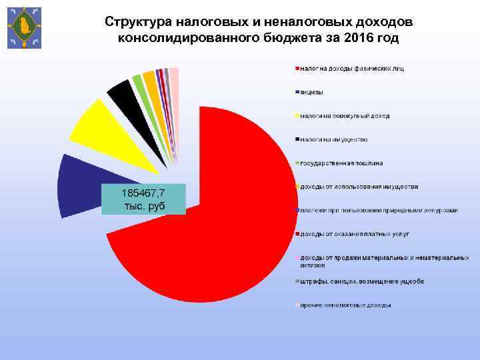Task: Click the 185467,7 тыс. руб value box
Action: coord(143,198)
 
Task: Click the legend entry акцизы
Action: coord(313,92)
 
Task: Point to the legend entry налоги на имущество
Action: coord(334,139)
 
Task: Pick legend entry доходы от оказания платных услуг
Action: coord(354,234)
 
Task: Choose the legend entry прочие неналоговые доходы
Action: coord(345,305)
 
